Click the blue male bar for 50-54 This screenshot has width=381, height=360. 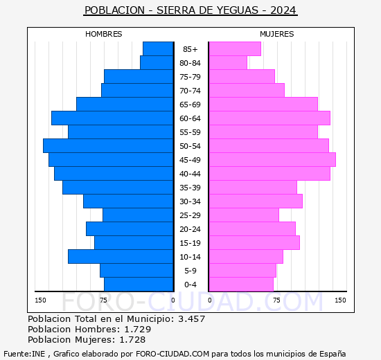tap(108, 145)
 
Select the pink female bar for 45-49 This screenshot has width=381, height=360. tap(272, 159)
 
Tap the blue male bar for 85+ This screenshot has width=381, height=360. tap(158, 48)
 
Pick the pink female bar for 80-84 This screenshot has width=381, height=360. tap(228, 62)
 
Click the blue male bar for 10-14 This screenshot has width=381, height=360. tap(121, 256)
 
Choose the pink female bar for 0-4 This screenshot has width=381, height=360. tap(241, 284)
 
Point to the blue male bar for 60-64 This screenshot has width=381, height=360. tap(112, 118)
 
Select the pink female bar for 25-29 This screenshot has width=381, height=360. tap(244, 215)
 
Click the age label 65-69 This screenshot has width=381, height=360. tap(190, 105)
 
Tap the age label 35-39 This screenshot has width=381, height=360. tap(190, 188)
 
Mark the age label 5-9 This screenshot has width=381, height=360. tap(190, 271)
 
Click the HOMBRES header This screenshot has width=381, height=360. tap(104, 34)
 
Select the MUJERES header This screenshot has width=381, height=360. tap(277, 34)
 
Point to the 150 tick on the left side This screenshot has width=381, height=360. tap(41, 300)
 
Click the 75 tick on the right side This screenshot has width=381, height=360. tap(276, 300)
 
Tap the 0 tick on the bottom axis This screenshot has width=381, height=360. tap(173, 300)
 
